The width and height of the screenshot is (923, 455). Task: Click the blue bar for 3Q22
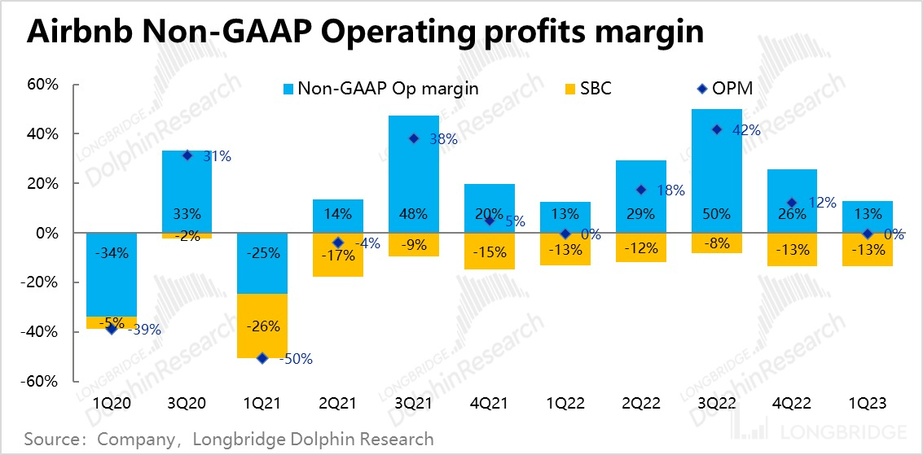717,171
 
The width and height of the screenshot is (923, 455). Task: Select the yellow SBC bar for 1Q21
262,326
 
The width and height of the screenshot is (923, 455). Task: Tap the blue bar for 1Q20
112,274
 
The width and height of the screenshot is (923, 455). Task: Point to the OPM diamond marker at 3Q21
414,138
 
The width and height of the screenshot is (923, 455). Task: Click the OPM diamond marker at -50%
262,357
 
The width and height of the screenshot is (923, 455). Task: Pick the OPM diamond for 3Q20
187,155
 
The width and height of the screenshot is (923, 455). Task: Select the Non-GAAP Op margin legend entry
380,88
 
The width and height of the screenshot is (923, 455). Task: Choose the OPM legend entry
724,88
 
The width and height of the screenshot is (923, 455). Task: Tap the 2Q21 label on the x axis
338,403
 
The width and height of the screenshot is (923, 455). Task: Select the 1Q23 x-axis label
868,403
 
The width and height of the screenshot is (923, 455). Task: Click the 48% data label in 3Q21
414,215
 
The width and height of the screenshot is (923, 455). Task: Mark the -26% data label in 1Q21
262,326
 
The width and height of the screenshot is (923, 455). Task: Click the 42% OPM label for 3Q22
746,130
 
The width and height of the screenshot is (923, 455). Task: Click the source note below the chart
229,440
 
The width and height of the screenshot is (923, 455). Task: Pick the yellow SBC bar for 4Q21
490,252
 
